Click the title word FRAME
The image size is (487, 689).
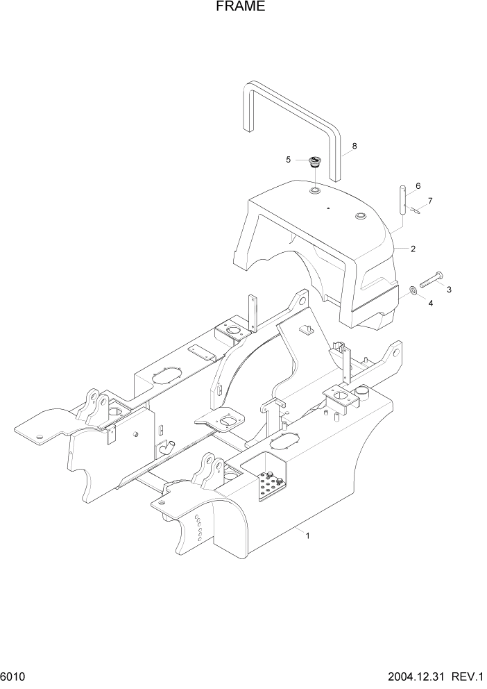(240, 8)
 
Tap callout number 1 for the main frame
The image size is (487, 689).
(308, 535)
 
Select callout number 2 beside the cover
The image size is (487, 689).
(413, 248)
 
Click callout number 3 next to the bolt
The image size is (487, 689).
(449, 290)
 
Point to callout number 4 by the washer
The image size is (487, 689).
(430, 303)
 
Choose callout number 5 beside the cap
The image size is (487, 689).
(289, 160)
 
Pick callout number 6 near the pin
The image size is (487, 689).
(418, 186)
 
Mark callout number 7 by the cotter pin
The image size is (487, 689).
(430, 201)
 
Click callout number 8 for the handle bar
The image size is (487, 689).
(354, 146)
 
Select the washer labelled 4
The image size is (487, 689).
(414, 290)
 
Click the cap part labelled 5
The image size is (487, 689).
(314, 164)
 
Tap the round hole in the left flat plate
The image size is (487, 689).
(41, 437)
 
